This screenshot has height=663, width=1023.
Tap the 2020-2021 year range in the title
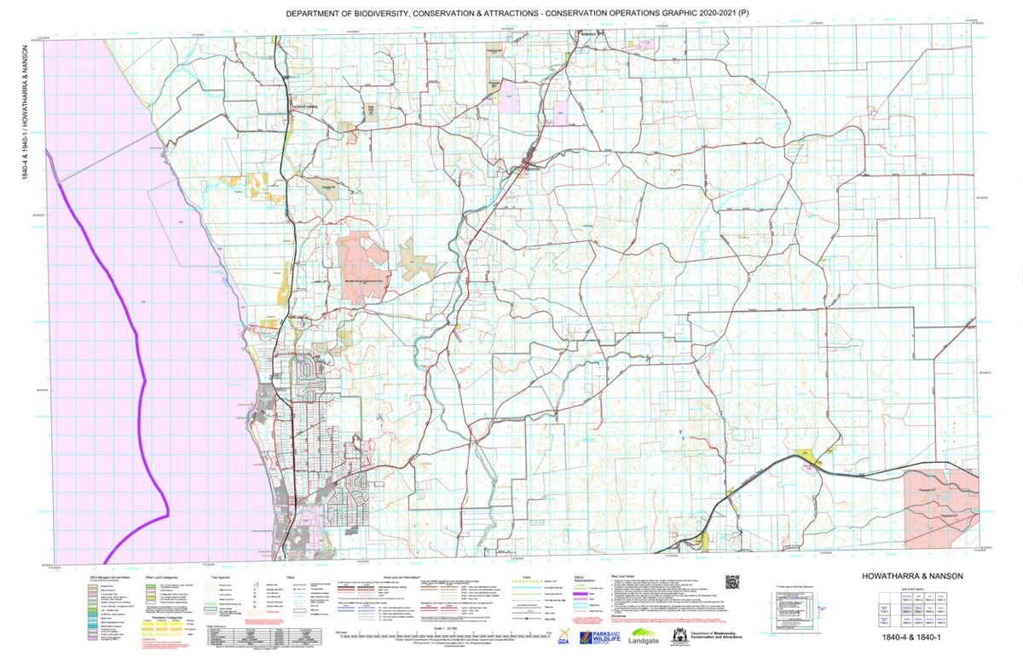pyautogui.click(x=714, y=14)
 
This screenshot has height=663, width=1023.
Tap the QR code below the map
pyautogui.click(x=731, y=583)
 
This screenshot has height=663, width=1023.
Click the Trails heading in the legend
pyautogui.click(x=530, y=577)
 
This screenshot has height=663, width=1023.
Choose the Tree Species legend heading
pyautogui.click(x=222, y=577)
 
